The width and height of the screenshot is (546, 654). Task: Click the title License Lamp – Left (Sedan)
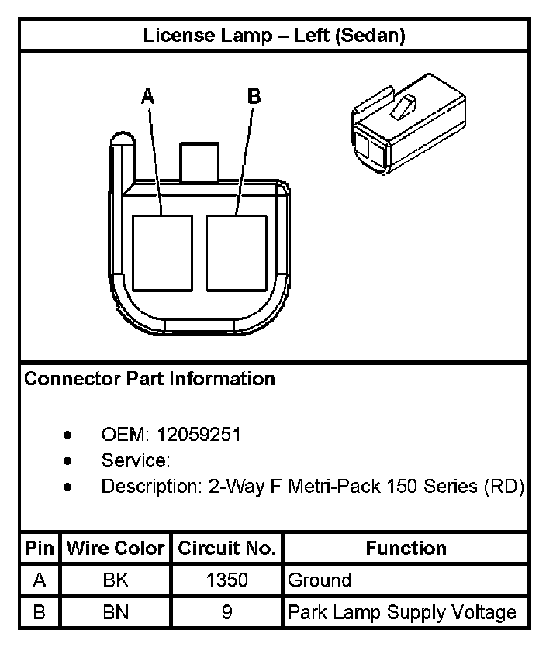point(274,36)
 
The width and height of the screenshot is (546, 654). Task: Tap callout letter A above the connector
point(148,96)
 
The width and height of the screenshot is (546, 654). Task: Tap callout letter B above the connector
point(254,96)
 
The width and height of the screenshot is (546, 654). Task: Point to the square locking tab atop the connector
point(199,161)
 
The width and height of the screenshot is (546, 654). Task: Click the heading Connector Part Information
point(150,379)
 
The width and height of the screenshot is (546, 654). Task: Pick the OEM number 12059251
point(199,435)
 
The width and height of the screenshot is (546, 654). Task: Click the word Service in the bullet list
point(134,460)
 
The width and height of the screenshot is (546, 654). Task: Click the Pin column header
point(39,549)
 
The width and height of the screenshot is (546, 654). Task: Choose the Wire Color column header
point(116,549)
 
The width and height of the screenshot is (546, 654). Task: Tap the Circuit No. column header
point(226,549)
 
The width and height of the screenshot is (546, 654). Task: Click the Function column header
point(406,549)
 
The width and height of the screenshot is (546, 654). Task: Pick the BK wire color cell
point(116,580)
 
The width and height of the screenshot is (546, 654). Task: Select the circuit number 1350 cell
point(226,580)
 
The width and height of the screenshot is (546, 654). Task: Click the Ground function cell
point(319,580)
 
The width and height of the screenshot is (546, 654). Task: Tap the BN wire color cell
point(116,613)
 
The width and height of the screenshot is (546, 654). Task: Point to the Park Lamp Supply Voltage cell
point(401,613)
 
